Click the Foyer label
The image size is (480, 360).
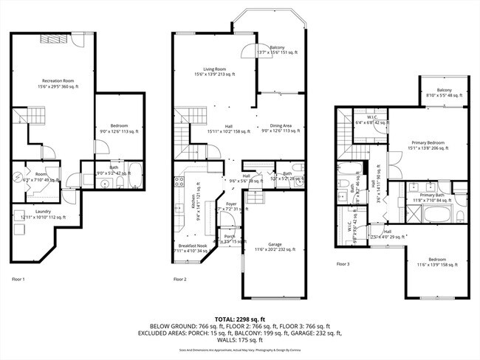click(231, 204)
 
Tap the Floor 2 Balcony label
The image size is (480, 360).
click(277, 48)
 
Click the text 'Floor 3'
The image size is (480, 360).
click(343, 263)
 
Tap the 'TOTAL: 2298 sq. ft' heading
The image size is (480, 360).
click(239, 319)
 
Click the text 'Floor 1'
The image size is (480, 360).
click(18, 279)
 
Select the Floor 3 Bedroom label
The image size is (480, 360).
click(431, 260)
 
